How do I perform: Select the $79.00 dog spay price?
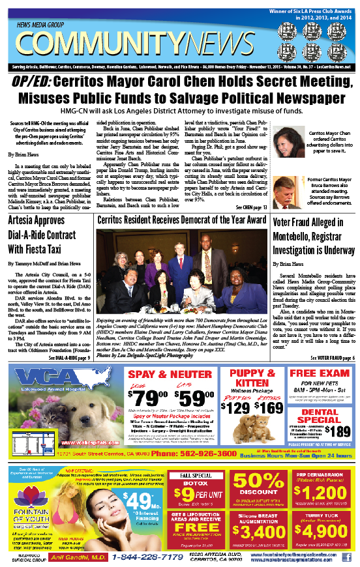[151, 398]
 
